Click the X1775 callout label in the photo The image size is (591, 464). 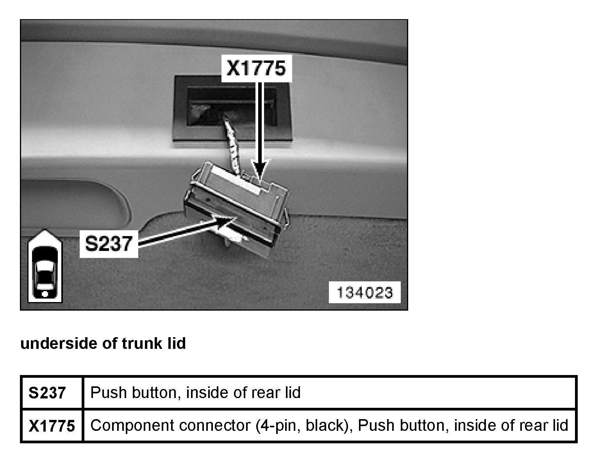coord(256,68)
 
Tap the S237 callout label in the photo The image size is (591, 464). coord(109,244)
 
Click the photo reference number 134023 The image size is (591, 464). coord(364,292)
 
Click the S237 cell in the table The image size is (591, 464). coord(47,393)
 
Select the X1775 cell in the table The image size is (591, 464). coord(52,426)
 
